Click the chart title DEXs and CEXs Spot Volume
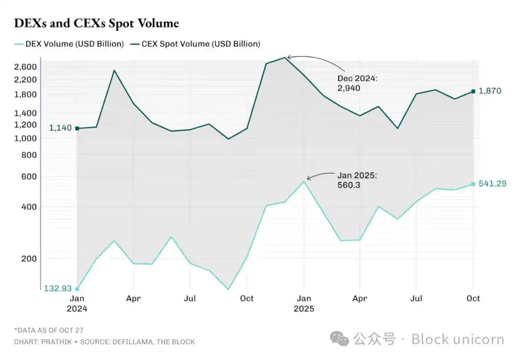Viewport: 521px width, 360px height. [96, 23]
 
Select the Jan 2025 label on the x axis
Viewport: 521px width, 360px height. [304, 304]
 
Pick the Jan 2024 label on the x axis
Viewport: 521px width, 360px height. [77, 304]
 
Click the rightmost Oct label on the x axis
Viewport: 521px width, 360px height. [473, 299]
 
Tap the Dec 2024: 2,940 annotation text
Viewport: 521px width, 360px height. [357, 83]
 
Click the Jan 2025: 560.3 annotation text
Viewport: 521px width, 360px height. [357, 180]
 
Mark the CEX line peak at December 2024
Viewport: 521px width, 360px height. [285, 57]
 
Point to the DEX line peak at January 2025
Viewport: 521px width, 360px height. [304, 181]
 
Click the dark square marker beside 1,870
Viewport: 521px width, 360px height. [473, 91]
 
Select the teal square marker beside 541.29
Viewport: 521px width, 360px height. [473, 184]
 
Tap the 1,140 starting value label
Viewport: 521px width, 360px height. [60, 128]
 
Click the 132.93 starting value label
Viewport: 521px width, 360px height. [58, 289]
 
